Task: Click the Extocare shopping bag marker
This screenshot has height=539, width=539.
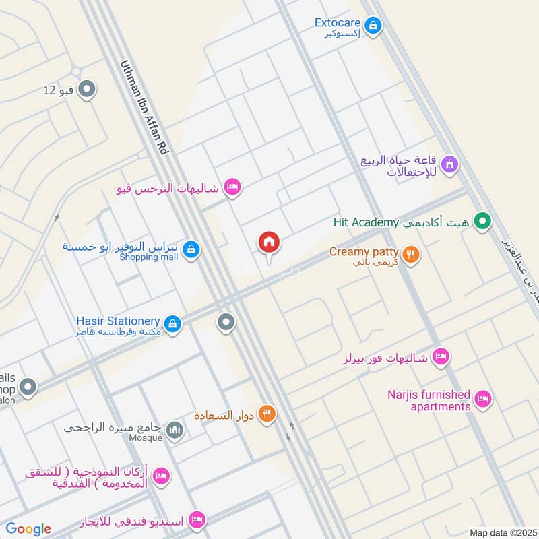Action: point(375,27)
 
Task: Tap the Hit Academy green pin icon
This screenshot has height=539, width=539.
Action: point(482,221)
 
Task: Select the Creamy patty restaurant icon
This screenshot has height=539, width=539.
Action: point(412,255)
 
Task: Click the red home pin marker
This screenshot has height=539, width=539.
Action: point(269,243)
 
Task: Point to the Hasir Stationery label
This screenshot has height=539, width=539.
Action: point(118,321)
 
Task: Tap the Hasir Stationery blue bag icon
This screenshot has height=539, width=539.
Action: point(173,323)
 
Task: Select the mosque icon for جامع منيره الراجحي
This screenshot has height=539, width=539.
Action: point(175,429)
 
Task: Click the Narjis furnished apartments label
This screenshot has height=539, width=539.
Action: point(429,400)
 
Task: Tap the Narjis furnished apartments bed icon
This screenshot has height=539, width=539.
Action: point(482,400)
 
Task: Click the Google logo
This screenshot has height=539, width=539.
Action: point(28,529)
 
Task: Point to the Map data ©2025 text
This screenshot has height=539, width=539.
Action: point(501,532)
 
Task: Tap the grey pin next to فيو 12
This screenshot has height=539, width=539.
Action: point(86,89)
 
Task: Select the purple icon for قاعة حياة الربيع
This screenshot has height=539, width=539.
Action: point(449,163)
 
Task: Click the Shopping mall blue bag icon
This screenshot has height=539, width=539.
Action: point(191,250)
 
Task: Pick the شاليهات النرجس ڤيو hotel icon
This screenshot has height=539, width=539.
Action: point(232,187)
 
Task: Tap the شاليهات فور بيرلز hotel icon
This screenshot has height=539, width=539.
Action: point(441,356)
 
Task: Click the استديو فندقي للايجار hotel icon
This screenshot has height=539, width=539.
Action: point(197,519)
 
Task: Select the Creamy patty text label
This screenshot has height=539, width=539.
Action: point(364,252)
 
